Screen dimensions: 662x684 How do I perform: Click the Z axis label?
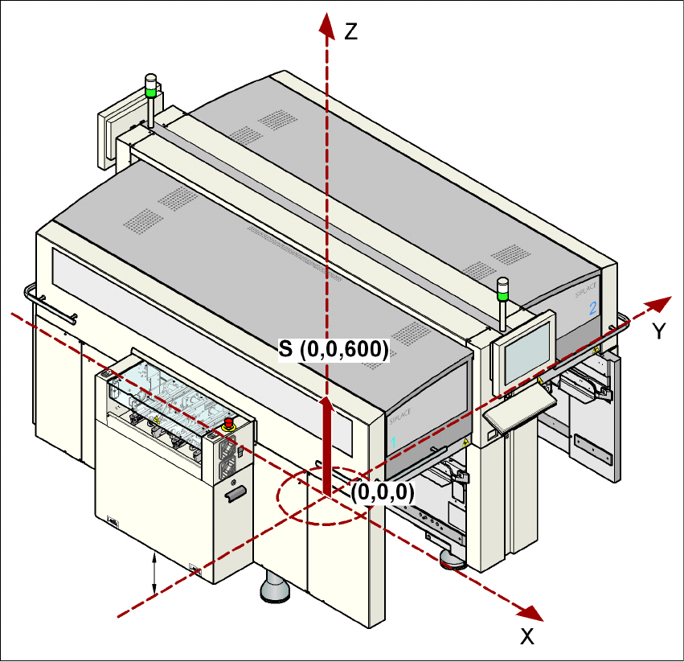click(x=350, y=32)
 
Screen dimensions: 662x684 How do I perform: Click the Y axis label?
click(x=658, y=331)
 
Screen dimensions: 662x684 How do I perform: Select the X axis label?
click(x=527, y=637)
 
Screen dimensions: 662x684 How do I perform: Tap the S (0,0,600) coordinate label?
click(x=334, y=349)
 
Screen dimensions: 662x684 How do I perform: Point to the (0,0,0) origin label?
click(x=382, y=492)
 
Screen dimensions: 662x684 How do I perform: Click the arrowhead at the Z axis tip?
click(x=326, y=24)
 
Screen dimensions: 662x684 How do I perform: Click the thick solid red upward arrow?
click(x=326, y=442)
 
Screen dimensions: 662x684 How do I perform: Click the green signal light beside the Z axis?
click(x=150, y=84)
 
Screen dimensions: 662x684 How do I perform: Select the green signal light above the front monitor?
click(x=503, y=289)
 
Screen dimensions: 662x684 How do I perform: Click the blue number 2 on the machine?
click(x=593, y=307)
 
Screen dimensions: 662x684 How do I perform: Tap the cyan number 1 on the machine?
click(x=394, y=442)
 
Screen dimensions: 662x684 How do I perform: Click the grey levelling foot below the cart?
click(x=275, y=590)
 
